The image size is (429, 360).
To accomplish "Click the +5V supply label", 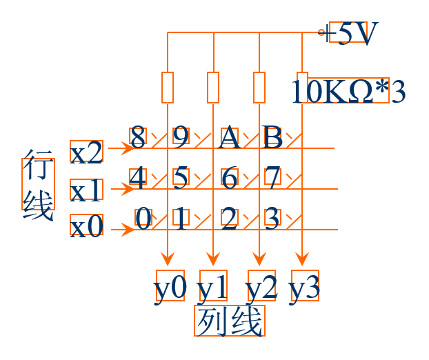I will pos(352,32).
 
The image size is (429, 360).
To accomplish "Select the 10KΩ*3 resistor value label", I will pos(348,91).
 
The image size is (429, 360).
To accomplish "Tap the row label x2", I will pos(87,152).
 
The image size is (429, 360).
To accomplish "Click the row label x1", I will pos(87,190).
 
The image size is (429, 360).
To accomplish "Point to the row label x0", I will pos(87,226).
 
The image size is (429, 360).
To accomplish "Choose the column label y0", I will pos(170,287).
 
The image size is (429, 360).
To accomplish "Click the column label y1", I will pos(213,287).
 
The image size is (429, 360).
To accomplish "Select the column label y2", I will pos(261,287).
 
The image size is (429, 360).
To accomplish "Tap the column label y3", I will pos(304,287).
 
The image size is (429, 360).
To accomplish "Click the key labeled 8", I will pos(138,137).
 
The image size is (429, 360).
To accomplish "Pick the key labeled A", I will pos(230,137).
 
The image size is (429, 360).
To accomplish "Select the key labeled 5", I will pos(181,179).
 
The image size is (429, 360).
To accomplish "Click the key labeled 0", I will pos(143,219).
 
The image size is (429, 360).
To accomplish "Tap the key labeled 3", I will pos(272,219).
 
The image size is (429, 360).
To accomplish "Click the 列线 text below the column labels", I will pos(230,321).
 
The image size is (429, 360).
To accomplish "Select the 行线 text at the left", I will pos(37,184).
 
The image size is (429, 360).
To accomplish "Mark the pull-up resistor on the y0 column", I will pos(168,87).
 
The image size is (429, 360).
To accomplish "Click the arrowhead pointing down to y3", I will pos(302,259).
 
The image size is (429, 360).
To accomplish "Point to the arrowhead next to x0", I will pos(128,228).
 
